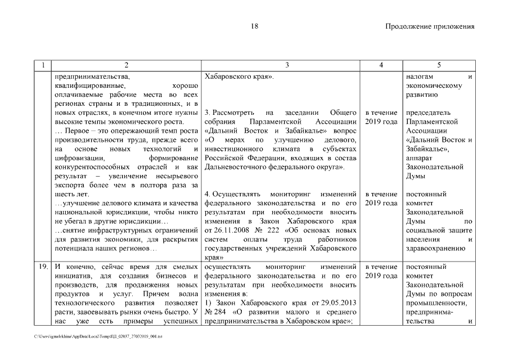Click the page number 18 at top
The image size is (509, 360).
point(254,26)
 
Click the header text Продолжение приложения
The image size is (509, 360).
point(430,26)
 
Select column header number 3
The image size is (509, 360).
point(287,65)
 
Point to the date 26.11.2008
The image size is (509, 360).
point(226,229)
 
